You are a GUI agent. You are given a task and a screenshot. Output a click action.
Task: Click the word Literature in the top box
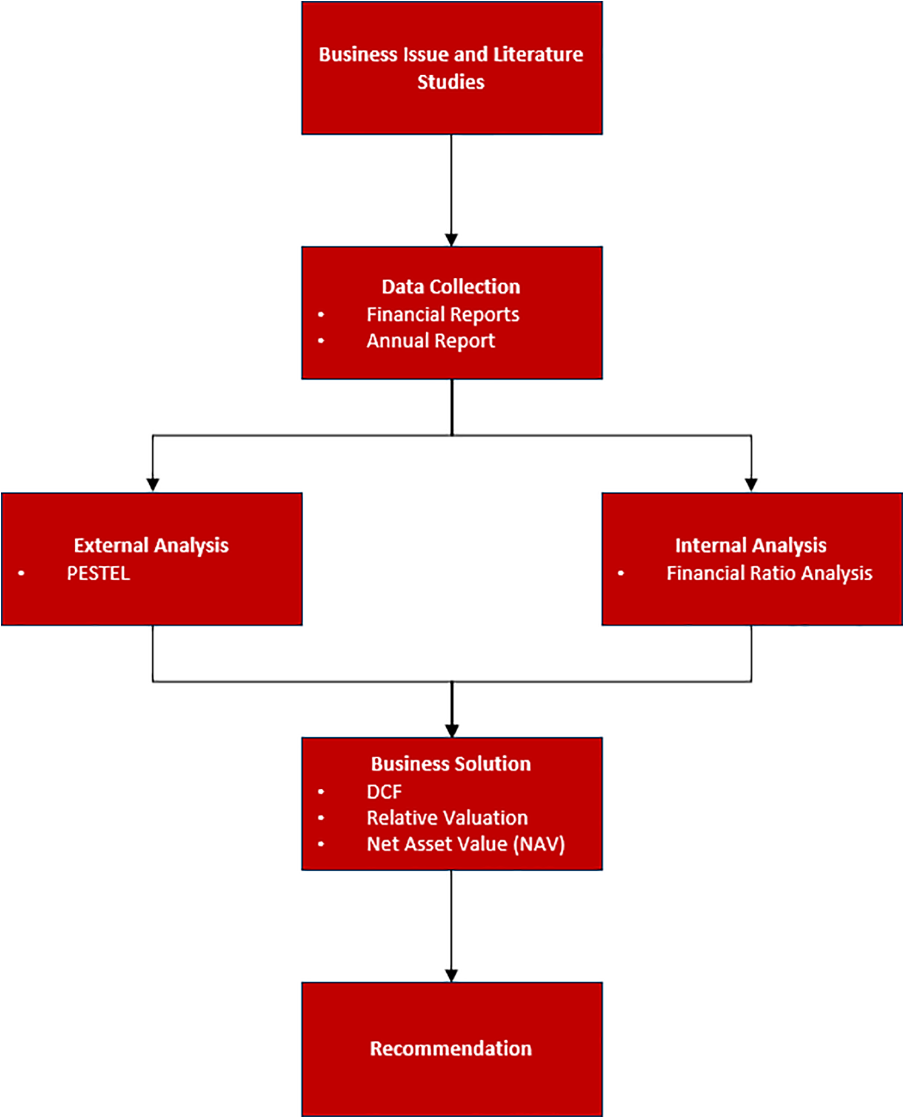[538, 54]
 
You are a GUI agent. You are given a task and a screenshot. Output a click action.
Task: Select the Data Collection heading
[451, 286]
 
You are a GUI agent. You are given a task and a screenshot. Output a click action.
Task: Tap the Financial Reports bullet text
[443, 314]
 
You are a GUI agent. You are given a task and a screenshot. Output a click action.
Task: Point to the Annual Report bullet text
[431, 341]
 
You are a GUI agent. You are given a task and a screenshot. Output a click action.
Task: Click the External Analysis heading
[151, 545]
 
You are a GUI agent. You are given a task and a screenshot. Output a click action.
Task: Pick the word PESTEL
[99, 573]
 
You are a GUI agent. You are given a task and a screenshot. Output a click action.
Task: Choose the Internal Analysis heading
[750, 545]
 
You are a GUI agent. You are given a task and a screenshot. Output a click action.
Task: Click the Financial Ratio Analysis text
[770, 573]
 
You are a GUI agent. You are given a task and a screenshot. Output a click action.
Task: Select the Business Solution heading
[451, 764]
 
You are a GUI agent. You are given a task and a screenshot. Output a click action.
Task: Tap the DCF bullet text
[384, 792]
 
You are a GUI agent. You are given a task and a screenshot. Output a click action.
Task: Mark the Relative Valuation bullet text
[447, 818]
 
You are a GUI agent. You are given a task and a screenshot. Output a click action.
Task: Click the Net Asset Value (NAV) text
[466, 844]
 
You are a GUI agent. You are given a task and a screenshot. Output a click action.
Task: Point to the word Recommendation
[451, 1049]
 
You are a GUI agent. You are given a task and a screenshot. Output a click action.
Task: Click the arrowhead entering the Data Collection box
[452, 240]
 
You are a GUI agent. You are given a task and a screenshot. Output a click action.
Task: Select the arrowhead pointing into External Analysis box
[153, 485]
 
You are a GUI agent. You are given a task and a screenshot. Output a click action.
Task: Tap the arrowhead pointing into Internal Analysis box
[751, 485]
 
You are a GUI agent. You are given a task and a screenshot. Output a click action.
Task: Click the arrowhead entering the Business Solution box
[452, 731]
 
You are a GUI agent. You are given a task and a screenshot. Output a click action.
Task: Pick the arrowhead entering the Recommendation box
[452, 975]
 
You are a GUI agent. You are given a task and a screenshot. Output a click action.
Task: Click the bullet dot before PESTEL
[22, 573]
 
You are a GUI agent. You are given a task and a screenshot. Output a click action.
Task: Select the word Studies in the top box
[451, 82]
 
